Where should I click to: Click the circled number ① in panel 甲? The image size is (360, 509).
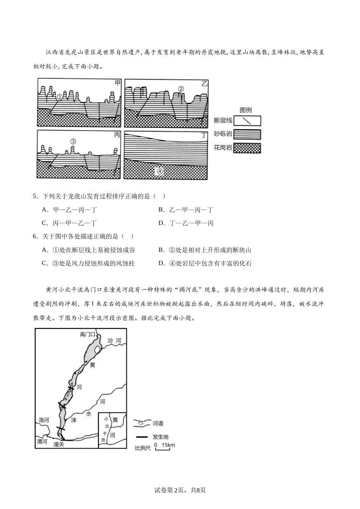tap(59, 97)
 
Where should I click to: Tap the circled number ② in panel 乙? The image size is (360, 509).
tap(181, 89)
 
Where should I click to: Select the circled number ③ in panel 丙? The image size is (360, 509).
tap(74, 142)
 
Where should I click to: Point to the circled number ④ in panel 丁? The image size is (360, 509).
tap(160, 171)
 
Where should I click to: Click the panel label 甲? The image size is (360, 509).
tap(117, 83)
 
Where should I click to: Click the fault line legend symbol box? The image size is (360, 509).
tap(247, 120)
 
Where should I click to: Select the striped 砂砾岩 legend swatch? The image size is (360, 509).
tap(247, 134)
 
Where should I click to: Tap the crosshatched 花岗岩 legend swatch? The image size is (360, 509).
tap(247, 148)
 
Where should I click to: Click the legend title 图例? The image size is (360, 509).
tap(246, 110)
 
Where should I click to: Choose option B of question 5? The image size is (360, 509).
tap(186, 210)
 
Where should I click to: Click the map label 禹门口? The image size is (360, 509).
tap(88, 334)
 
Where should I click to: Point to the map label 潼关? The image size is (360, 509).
tap(59, 444)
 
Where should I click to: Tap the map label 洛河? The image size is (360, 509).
tap(44, 420)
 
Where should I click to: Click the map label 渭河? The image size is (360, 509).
tap(42, 442)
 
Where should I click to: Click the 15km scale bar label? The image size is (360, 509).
tap(168, 445)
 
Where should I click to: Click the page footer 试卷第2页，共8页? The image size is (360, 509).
tap(180, 490)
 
